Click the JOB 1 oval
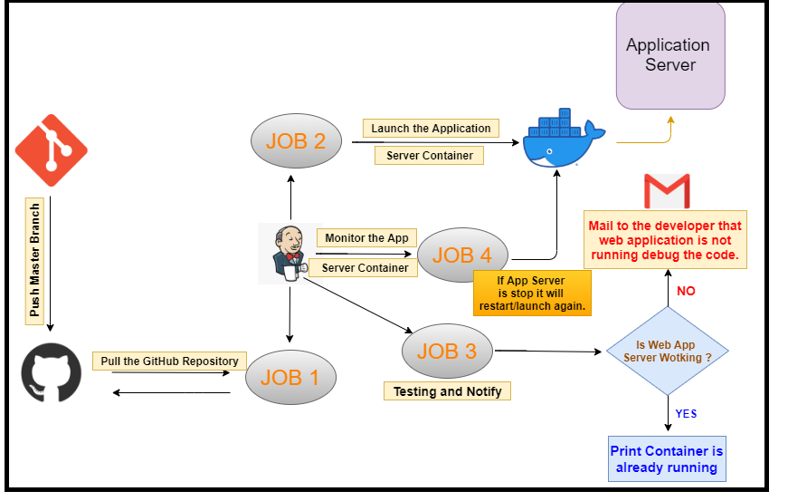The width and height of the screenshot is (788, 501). pyautogui.click(x=290, y=377)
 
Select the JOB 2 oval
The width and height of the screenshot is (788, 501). pyautogui.click(x=295, y=140)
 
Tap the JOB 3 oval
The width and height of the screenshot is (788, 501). pyautogui.click(x=446, y=351)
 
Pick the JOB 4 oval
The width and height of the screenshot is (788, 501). pyautogui.click(x=461, y=255)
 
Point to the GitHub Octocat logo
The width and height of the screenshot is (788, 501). pyautogui.click(x=51, y=373)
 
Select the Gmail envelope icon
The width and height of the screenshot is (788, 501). pyautogui.click(x=666, y=192)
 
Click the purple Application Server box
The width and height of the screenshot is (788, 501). pyautogui.click(x=669, y=55)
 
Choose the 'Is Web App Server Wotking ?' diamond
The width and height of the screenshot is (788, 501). pyautogui.click(x=667, y=351)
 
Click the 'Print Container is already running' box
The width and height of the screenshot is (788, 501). pyautogui.click(x=667, y=459)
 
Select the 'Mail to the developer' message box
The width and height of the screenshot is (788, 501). pyautogui.click(x=665, y=241)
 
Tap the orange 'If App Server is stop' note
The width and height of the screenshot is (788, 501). pyautogui.click(x=531, y=293)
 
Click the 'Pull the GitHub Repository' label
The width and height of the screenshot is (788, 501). pyautogui.click(x=169, y=361)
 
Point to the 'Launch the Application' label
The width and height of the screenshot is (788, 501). pyautogui.click(x=431, y=129)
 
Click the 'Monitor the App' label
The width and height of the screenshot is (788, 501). pyautogui.click(x=366, y=238)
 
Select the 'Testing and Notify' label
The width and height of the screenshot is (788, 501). pyautogui.click(x=447, y=391)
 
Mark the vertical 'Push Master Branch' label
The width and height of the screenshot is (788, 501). pyautogui.click(x=34, y=259)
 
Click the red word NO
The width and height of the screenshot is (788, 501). pyautogui.click(x=687, y=291)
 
